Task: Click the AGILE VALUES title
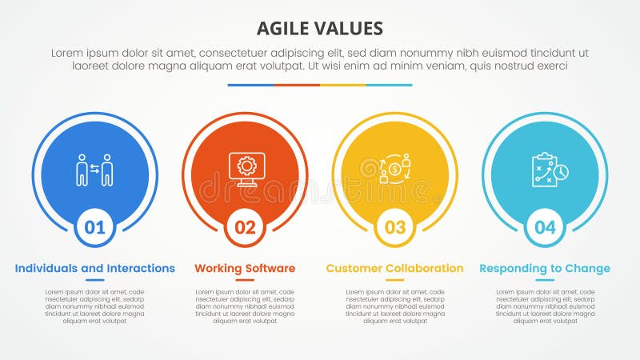(x=320, y=29)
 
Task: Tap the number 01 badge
(x=95, y=227)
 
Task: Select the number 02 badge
(x=245, y=227)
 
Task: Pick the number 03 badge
(x=395, y=227)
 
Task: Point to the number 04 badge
(x=545, y=227)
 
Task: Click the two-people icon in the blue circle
(x=95, y=170)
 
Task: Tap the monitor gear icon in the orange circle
(x=245, y=168)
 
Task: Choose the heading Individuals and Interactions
(x=95, y=268)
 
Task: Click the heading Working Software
(x=245, y=268)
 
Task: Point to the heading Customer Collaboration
(x=395, y=268)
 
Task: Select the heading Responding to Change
(x=545, y=268)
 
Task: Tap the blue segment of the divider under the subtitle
(x=250, y=85)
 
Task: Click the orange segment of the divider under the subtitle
(x=297, y=85)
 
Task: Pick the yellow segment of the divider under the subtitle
(x=343, y=85)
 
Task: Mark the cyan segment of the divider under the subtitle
(x=390, y=85)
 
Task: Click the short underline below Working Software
(x=245, y=280)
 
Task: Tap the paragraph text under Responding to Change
(x=545, y=306)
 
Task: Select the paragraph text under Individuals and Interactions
(x=95, y=306)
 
